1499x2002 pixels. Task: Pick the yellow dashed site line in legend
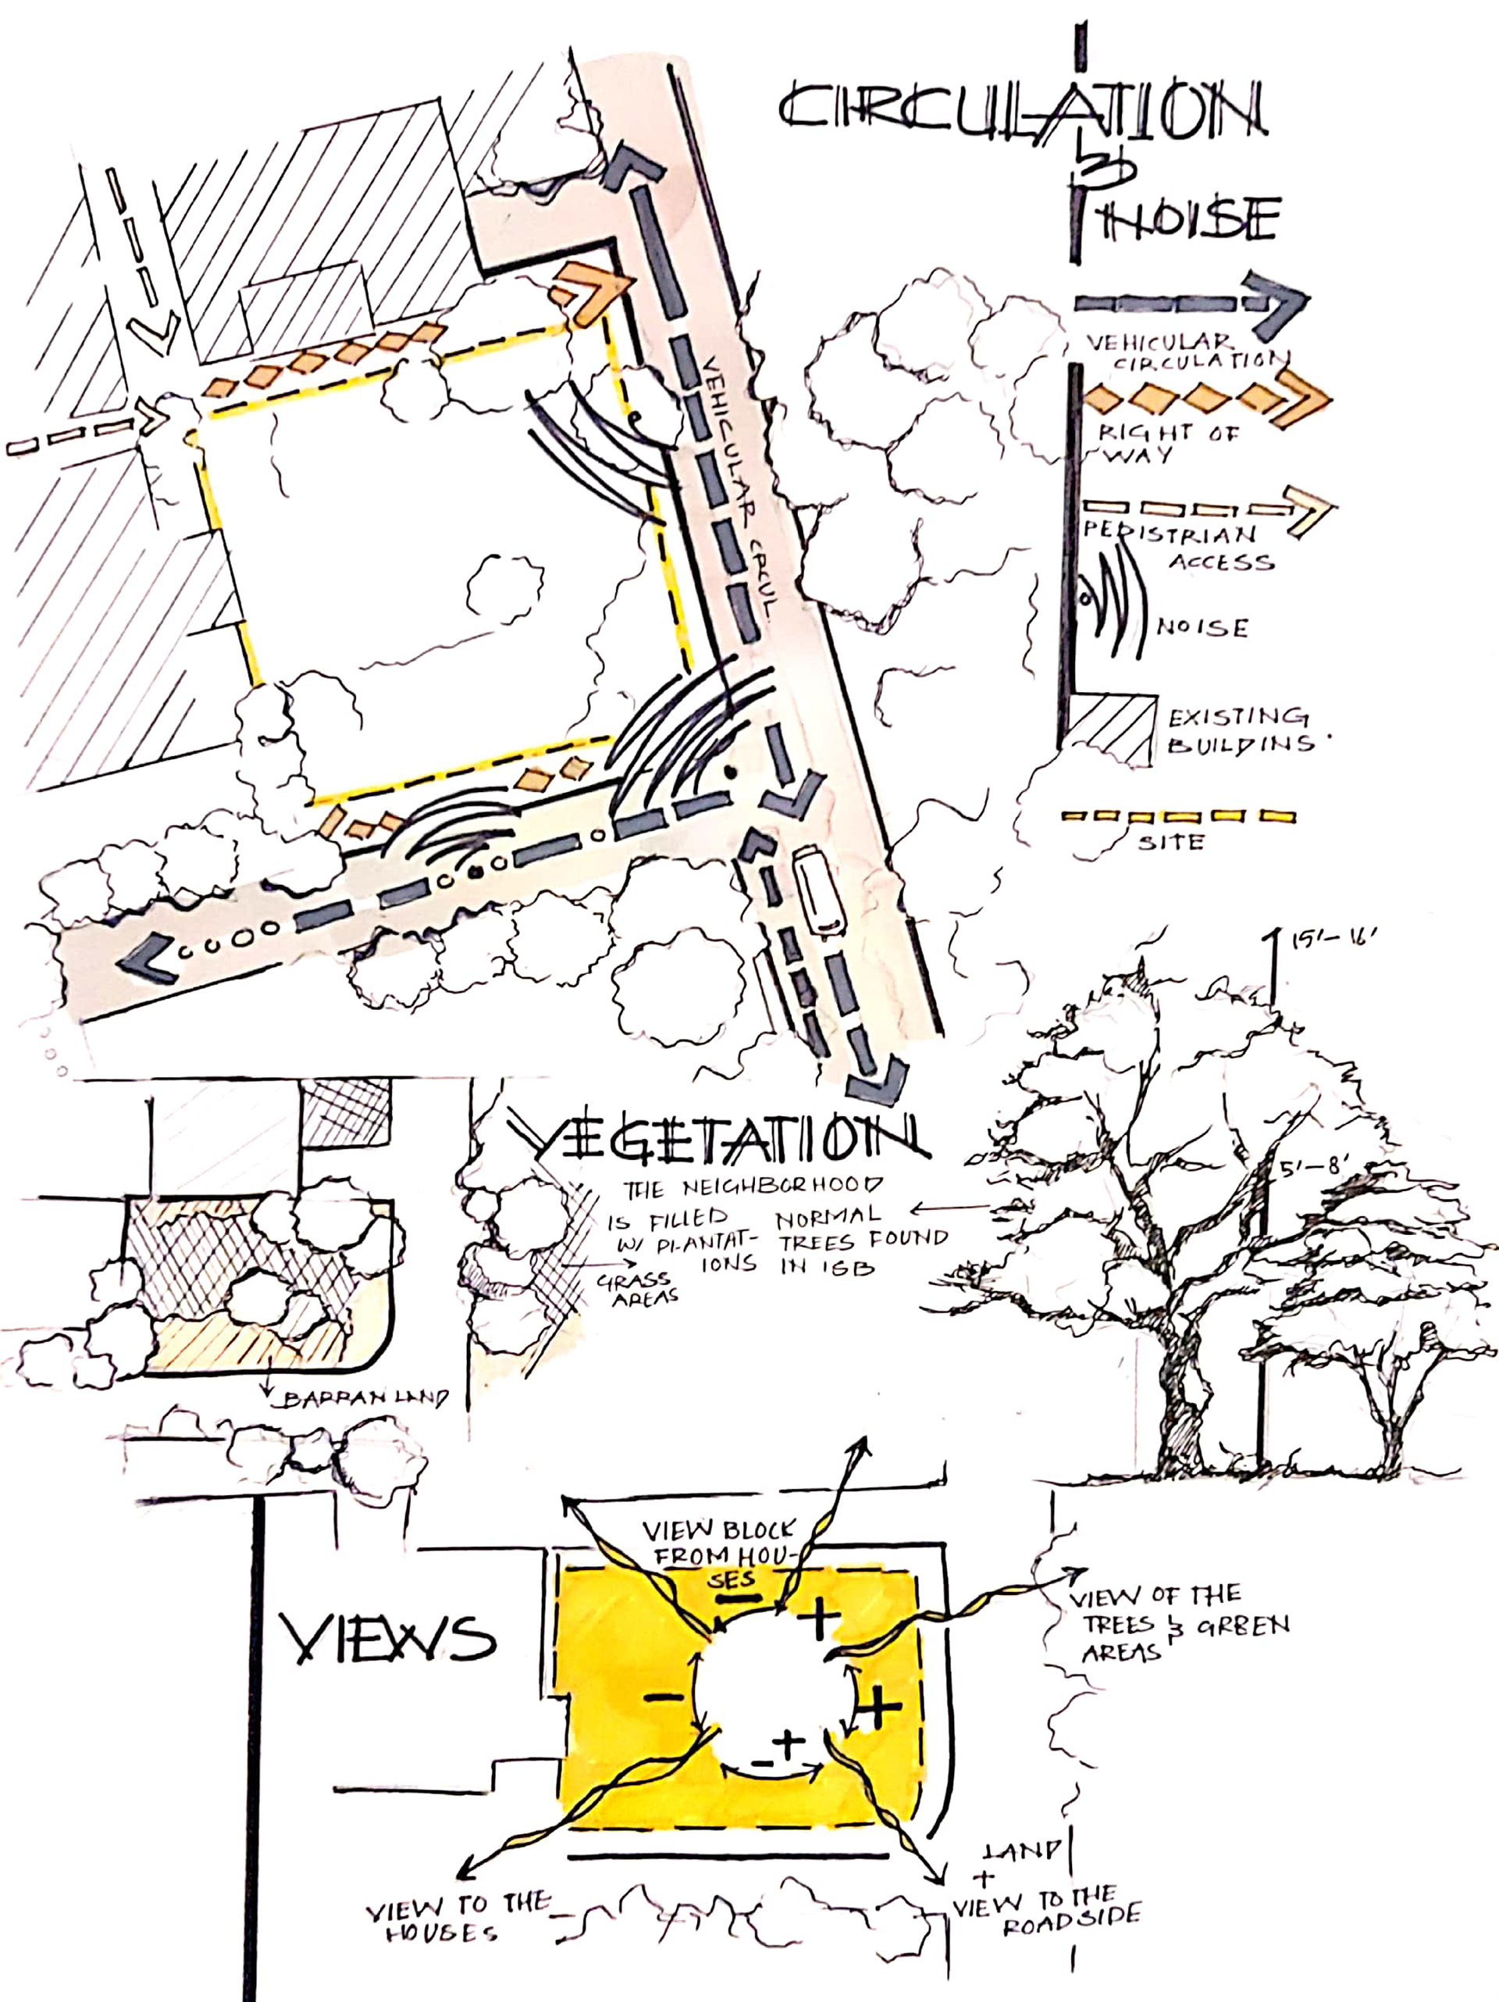[1176, 815]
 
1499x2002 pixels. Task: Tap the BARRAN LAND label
[365, 1399]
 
